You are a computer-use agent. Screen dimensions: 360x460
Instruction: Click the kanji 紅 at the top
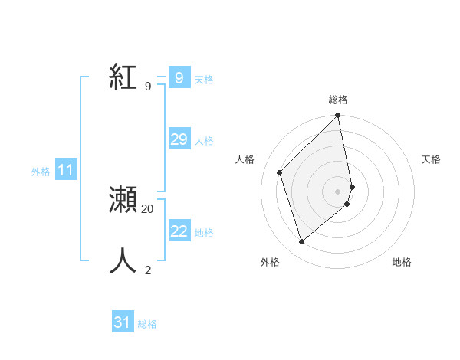pos(123,77)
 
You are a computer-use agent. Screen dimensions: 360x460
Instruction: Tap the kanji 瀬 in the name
pos(123,201)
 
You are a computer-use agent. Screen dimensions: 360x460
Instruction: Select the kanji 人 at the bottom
pos(123,261)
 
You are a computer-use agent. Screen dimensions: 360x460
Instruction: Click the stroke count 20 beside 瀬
pos(148,208)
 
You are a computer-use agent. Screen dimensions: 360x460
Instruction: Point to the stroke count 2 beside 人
pos(148,270)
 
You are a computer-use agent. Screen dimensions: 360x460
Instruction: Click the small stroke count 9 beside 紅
pos(148,86)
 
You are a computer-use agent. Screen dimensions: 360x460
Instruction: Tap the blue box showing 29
pos(179,139)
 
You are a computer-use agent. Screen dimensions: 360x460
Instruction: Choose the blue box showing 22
pos(179,231)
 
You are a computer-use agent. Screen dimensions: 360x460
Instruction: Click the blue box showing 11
pos(65,171)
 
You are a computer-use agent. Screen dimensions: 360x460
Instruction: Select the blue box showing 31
pos(123,322)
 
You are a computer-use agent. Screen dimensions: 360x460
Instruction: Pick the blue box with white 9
pos(179,78)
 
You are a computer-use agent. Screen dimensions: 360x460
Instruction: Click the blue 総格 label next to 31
pos(147,324)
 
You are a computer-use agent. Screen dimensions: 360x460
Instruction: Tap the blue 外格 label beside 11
pos(41,172)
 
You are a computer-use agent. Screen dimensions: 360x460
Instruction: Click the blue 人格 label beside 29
pos(204,141)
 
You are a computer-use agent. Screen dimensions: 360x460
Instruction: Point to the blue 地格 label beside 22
pos(204,233)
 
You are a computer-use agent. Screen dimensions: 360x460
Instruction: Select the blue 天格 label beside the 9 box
pos(204,80)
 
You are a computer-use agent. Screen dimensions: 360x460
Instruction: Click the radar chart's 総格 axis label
pos(338,100)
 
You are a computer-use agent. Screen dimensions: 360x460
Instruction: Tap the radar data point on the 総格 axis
pos(338,116)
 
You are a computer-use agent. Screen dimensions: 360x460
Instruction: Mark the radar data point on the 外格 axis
pos(301,242)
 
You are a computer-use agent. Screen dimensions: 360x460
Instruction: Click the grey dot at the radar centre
pos(338,191)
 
